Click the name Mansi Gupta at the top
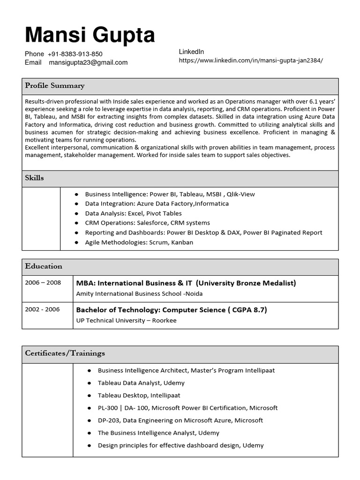pyautogui.click(x=90, y=35)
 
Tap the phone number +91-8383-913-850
pyautogui.click(x=75, y=54)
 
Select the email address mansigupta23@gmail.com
pyautogui.click(x=88, y=62)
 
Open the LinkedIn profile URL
pyautogui.click(x=251, y=60)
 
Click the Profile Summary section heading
pyautogui.click(x=55, y=86)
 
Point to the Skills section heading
pyautogui.click(x=34, y=178)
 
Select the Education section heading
pyautogui.click(x=44, y=266)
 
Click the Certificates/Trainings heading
pyautogui.click(x=65, y=353)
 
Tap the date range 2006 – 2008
pyautogui.click(x=43, y=283)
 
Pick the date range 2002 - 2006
pyautogui.click(x=43, y=309)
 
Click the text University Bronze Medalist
pyautogui.click(x=246, y=283)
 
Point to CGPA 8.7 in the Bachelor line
pyautogui.click(x=247, y=310)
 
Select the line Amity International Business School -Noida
pyautogui.click(x=139, y=294)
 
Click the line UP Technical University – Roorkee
pyautogui.click(x=126, y=321)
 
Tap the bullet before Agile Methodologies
pyautogui.click(x=76, y=242)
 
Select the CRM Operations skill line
pyautogui.click(x=147, y=223)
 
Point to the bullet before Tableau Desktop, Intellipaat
pyautogui.click(x=89, y=396)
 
